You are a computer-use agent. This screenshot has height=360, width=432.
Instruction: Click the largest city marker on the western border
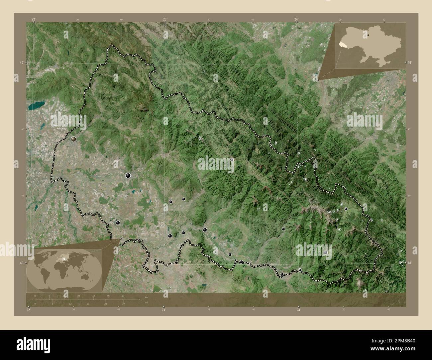(73, 139)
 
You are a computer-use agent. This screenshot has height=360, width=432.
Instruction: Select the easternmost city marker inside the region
(346, 209)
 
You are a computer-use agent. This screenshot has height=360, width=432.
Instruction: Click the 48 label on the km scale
(123, 296)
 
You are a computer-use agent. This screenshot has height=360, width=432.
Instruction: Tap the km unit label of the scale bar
(146, 297)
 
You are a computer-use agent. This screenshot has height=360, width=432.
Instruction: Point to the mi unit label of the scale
(146, 303)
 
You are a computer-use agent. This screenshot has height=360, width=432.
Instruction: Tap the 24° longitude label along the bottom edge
(299, 310)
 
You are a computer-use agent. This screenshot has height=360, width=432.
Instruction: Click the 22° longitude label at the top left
(33, 20)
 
